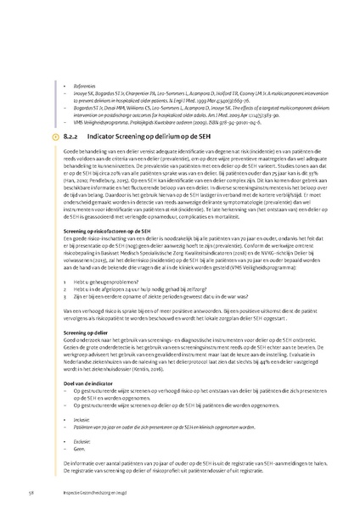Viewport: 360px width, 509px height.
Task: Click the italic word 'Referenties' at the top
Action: point(86,62)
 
